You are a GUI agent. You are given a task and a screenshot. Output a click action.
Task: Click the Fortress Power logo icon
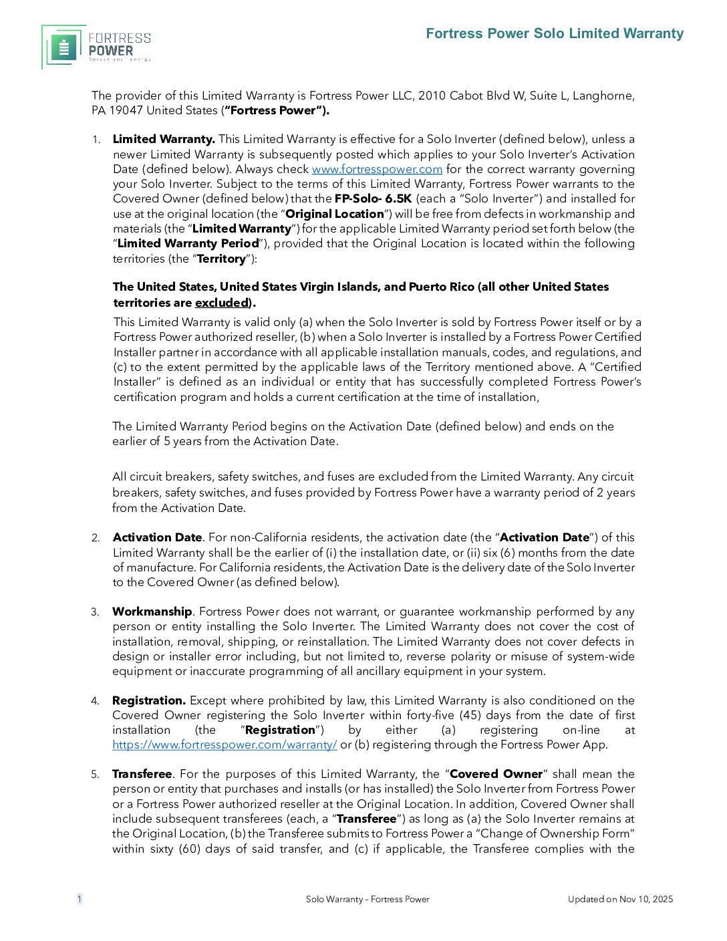64,47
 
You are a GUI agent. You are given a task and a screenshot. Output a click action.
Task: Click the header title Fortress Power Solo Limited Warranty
555,33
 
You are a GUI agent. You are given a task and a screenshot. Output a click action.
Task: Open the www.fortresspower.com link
377,170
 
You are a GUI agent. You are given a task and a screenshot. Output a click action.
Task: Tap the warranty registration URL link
225,745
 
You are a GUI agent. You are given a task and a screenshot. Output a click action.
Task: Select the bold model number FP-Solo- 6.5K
373,198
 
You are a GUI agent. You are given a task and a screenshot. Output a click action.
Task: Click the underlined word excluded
222,303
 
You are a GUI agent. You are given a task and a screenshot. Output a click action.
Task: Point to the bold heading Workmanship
152,612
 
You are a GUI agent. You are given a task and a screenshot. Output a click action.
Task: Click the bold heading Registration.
149,700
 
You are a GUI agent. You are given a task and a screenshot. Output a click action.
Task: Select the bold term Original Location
335,214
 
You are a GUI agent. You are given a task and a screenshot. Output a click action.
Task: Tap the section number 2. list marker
96,538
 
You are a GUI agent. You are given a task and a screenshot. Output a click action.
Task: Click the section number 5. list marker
96,775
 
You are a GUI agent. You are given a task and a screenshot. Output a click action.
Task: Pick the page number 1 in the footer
80,899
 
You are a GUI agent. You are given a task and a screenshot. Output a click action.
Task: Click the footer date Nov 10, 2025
646,899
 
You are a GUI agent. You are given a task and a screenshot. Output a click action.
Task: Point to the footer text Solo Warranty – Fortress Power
368,899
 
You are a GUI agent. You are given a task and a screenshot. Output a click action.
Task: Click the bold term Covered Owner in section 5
496,774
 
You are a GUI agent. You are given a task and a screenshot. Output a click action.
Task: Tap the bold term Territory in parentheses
221,259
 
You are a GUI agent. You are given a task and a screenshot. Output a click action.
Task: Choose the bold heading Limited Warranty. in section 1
164,139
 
